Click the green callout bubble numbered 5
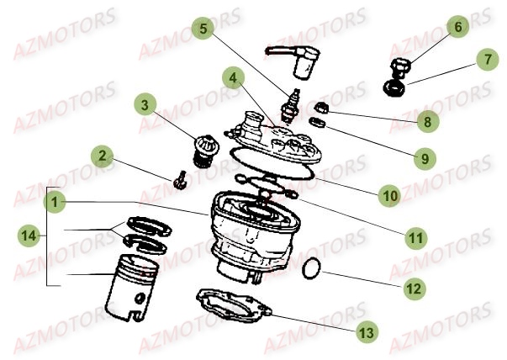click(203, 29)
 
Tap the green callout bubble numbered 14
click(29, 236)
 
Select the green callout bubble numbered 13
click(367, 332)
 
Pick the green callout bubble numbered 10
click(390, 195)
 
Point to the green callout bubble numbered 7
click(488, 59)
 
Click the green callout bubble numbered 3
click(145, 105)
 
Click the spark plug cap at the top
click(294, 61)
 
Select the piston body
click(132, 288)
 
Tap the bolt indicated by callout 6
click(400, 67)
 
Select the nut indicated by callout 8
click(321, 108)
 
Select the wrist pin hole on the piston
click(140, 299)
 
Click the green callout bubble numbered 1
click(55, 202)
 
